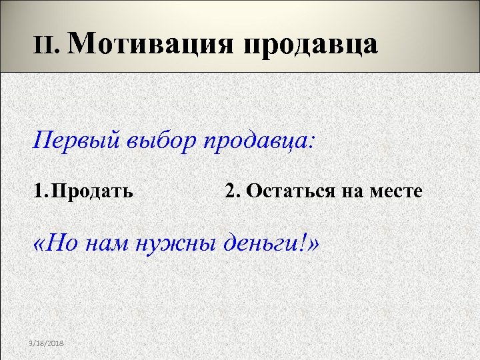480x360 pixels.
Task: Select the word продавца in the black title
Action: (x=312, y=45)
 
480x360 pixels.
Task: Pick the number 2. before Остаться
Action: (x=233, y=192)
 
